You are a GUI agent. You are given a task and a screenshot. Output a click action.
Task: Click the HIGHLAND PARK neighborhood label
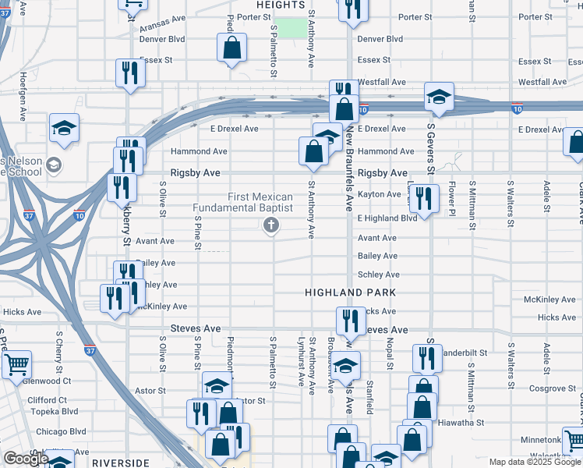point(350,292)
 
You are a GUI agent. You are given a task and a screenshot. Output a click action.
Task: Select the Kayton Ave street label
point(379,194)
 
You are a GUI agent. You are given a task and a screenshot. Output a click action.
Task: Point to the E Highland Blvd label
point(387,218)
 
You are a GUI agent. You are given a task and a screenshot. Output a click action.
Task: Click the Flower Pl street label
point(451,195)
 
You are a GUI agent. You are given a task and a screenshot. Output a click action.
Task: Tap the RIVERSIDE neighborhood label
point(120,463)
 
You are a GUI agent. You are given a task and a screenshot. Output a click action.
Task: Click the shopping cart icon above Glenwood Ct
point(16,363)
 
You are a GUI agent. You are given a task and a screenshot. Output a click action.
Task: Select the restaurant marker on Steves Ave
point(352,320)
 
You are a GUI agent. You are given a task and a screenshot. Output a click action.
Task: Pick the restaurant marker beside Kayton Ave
point(422,198)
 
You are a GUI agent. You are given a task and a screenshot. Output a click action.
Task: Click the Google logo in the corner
point(26,459)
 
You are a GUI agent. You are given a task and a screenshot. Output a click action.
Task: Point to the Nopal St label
point(390,349)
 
